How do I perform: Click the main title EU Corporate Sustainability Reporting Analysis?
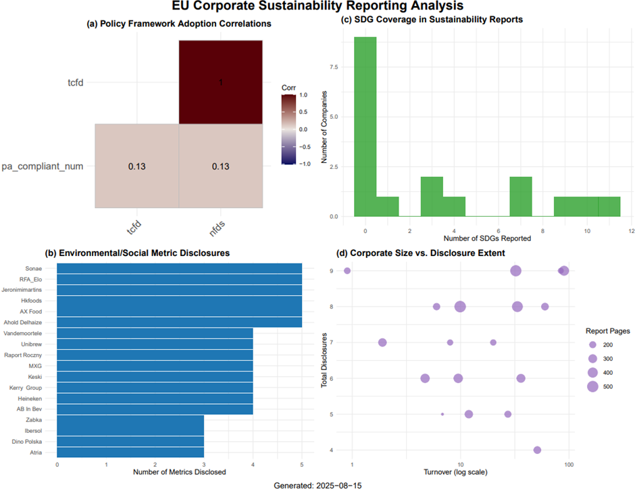pyautogui.click(x=317, y=7)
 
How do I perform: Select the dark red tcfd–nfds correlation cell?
pyautogui.click(x=220, y=82)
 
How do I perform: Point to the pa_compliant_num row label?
pyautogui.click(x=43, y=165)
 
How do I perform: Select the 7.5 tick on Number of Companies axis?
pyautogui.click(x=334, y=66)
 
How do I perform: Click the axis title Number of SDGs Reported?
pyautogui.click(x=486, y=238)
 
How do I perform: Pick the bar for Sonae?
pyautogui.click(x=179, y=268)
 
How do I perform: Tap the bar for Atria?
pyautogui.click(x=130, y=452)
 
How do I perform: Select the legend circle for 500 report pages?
pyautogui.click(x=592, y=386)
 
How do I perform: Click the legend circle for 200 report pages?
pyautogui.click(x=592, y=344)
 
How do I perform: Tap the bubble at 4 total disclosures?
pyautogui.click(x=537, y=450)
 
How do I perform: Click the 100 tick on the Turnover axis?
pyautogui.click(x=569, y=465)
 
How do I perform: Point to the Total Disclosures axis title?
pyautogui.click(x=325, y=359)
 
